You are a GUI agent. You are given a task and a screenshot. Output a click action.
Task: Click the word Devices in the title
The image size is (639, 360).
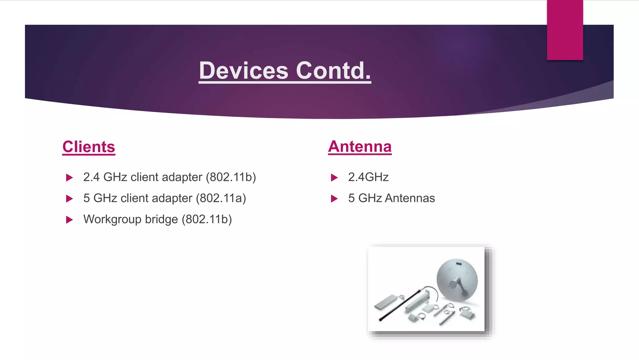pyautogui.click(x=244, y=71)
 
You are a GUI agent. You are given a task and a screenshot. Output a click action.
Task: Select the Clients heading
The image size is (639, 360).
pyautogui.click(x=89, y=147)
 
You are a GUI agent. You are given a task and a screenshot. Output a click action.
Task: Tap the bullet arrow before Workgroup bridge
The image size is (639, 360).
pyautogui.click(x=69, y=220)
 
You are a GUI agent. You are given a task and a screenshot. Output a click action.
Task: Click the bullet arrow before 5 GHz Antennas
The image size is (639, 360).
pyautogui.click(x=334, y=198)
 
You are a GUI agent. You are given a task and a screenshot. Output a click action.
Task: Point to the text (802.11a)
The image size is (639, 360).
pyautogui.click(x=221, y=198)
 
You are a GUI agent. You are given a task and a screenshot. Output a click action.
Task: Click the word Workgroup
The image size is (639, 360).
pyautogui.click(x=112, y=219)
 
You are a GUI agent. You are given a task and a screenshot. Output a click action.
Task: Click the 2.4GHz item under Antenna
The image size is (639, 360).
pyautogui.click(x=368, y=177)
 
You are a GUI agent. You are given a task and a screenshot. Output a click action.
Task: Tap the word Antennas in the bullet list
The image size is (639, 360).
pyautogui.click(x=410, y=198)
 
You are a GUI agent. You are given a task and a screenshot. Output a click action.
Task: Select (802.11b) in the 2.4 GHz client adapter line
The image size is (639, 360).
pyautogui.click(x=231, y=177)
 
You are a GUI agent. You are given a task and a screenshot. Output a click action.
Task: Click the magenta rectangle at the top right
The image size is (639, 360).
pyautogui.click(x=565, y=30)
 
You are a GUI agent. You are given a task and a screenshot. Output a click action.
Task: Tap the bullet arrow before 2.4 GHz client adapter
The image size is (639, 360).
pyautogui.click(x=69, y=177)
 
